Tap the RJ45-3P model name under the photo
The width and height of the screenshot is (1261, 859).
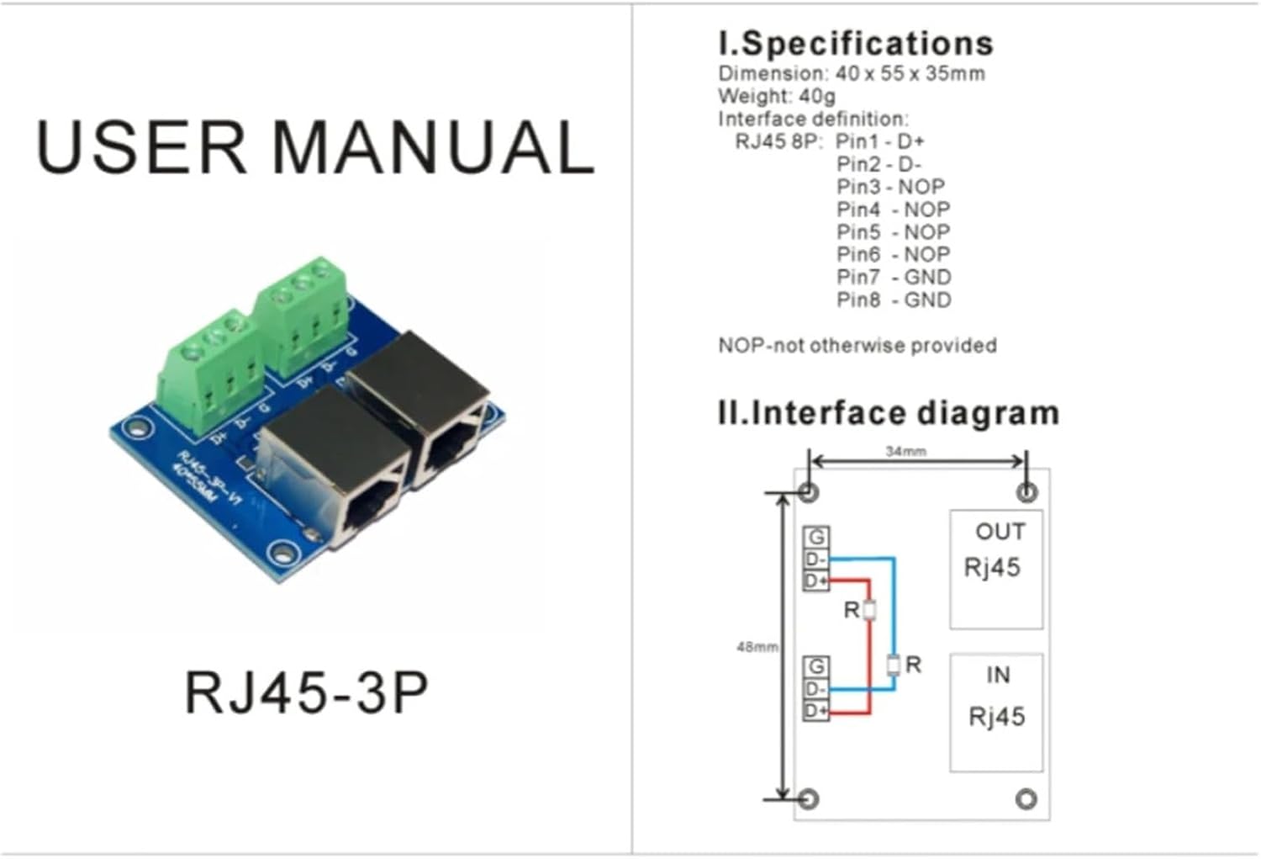(305, 692)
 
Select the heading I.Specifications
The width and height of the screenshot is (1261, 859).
(855, 43)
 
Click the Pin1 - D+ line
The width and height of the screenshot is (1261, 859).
(879, 141)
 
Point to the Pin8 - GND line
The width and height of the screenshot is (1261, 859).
(893, 300)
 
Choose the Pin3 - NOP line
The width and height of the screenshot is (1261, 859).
(889, 187)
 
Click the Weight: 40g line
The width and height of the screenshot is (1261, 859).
(776, 96)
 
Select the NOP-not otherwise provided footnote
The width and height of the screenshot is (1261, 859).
(857, 345)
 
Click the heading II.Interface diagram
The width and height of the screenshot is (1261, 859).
(887, 413)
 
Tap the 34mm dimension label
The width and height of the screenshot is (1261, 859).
(905, 452)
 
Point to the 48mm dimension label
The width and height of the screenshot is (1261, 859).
(757, 647)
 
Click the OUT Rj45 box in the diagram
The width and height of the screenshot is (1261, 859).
(995, 569)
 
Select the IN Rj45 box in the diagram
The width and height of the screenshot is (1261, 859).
(996, 712)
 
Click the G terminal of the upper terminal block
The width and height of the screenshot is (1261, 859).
(815, 537)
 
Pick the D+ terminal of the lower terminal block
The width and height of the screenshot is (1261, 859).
(815, 712)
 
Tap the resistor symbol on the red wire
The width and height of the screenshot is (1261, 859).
(870, 610)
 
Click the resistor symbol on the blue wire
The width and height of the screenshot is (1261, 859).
(894, 665)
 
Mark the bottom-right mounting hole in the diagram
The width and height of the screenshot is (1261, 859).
(1026, 798)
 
